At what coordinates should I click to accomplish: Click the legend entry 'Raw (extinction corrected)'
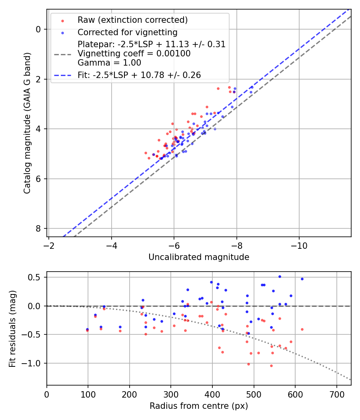132,20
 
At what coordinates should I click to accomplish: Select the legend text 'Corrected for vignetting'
127,32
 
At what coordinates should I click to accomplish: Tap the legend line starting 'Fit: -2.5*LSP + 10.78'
139,75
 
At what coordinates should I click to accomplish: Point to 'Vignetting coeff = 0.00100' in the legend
134,53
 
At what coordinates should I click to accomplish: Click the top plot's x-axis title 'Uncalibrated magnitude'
199,257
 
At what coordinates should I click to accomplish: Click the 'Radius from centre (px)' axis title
199,406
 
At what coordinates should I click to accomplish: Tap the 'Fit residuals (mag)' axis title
13,328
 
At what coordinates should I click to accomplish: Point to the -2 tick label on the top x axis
49,244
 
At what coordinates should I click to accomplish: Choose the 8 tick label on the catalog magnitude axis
39,228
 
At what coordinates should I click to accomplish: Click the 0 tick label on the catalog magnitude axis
39,29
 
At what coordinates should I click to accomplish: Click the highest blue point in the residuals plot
280,276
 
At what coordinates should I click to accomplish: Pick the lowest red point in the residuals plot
271,366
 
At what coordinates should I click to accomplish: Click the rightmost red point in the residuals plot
302,329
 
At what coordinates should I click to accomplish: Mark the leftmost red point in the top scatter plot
146,153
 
